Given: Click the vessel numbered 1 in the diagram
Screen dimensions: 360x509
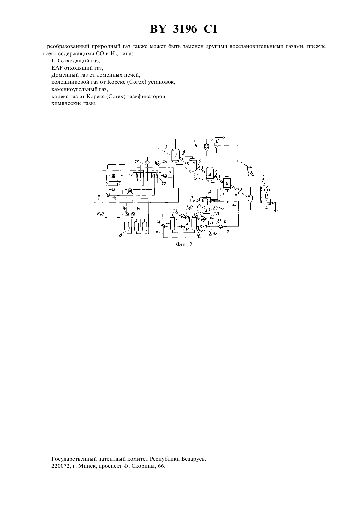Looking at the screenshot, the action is pos(175,155).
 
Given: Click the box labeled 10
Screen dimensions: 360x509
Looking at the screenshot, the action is pos(114,176).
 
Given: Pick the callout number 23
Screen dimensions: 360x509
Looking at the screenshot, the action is pos(137,162).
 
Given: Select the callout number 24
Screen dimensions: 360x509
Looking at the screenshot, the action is pos(165,162).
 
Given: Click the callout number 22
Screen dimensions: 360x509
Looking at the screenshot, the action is pos(163,183).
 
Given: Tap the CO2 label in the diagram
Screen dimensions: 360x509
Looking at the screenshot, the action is pos(175,211).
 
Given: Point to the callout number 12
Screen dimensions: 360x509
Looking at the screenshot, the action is pos(120,236).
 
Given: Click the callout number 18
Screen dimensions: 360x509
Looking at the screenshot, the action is pos(209,192).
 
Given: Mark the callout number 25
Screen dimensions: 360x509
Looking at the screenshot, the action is pos(212,217).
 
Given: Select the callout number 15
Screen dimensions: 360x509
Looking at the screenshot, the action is pos(225,221).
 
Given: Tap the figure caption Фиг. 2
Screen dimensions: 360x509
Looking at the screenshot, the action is pos(184,244).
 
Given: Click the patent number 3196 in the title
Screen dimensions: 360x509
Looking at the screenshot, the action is pos(185,29).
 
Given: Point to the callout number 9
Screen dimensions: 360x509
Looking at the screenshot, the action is pos(224,137).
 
